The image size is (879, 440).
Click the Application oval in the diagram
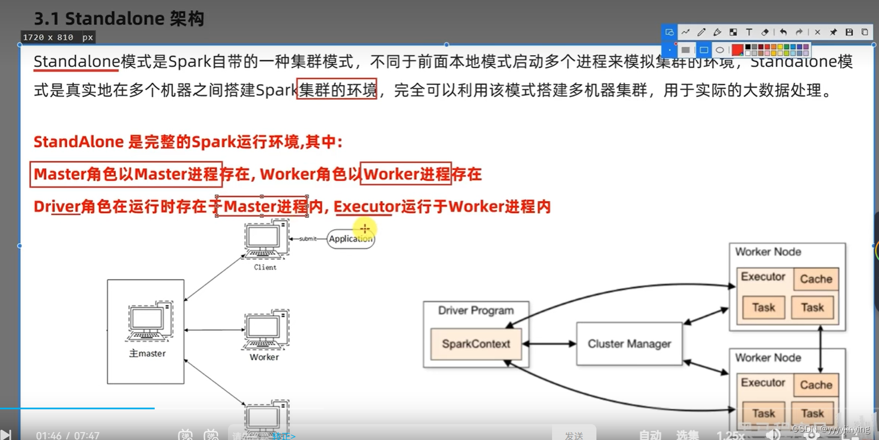coord(351,239)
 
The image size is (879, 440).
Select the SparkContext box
coord(476,343)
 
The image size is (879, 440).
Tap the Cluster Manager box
coord(629,343)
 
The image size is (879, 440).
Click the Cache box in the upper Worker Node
coord(816,279)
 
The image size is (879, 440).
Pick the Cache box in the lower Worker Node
coord(816,385)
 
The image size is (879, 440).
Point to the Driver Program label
coord(476,310)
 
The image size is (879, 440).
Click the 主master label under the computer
coord(147,353)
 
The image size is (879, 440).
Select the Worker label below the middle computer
coord(264,357)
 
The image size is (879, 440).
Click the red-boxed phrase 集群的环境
coord(337,90)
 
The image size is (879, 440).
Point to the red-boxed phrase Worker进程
coord(407,174)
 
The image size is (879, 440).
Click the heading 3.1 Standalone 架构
coord(119,19)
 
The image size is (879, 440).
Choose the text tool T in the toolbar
coord(749,32)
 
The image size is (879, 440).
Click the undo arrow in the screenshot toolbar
coord(783,32)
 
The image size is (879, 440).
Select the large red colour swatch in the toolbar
coord(737,50)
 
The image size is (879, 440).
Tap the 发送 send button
coord(574,435)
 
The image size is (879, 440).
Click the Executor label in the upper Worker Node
coord(762,277)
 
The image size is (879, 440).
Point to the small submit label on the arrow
coord(308,239)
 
